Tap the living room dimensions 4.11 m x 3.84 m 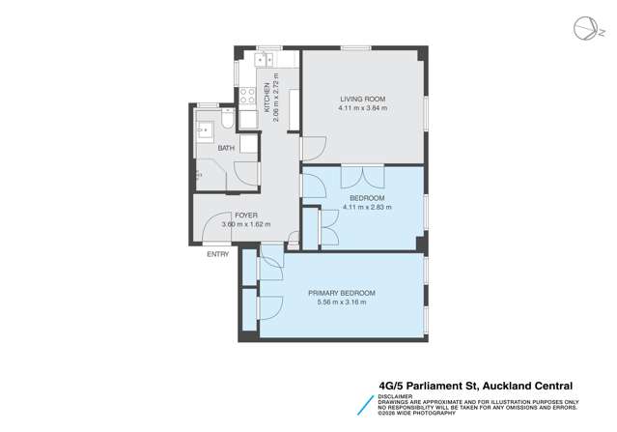pos(362,109)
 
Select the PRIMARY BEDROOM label pos(341,293)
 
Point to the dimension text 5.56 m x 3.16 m pos(341,302)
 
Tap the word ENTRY pos(218,255)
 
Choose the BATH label pos(225,148)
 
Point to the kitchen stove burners pos(246,97)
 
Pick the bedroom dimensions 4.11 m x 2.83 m pos(367,207)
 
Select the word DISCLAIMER pos(396,393)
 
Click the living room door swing pos(314,149)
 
